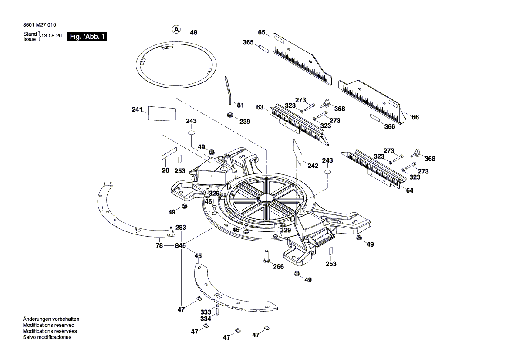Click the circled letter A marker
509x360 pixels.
(x=176, y=30)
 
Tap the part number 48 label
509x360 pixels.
(x=194, y=32)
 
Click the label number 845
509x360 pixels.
(x=180, y=246)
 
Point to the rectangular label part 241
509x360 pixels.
(x=162, y=113)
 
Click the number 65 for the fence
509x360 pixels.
(x=262, y=32)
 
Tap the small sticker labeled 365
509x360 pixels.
(x=263, y=47)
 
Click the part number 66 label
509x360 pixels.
(x=415, y=117)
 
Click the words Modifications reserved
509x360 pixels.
(x=48, y=325)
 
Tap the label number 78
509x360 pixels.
(x=159, y=246)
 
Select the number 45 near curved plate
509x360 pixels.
(x=198, y=256)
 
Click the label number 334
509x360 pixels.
(x=206, y=319)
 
